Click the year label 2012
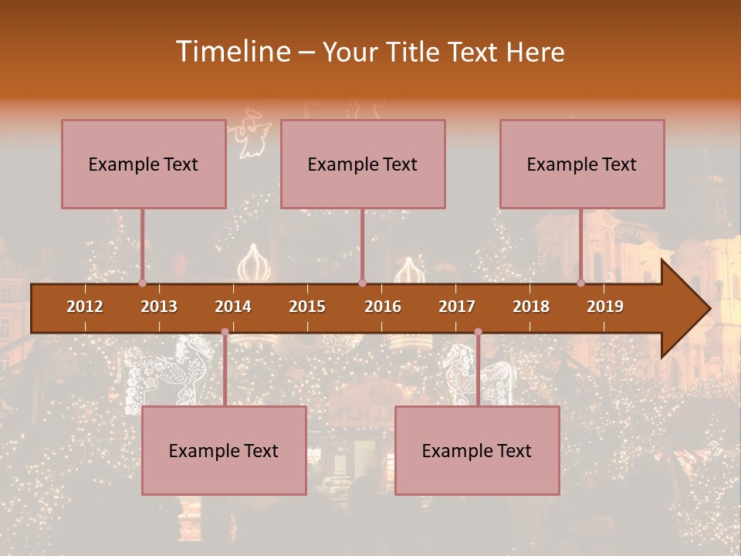(85, 307)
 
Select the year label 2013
(159, 307)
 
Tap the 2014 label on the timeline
(233, 307)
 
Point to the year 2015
(307, 307)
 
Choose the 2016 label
(383, 307)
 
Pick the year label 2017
(457, 307)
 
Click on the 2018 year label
(531, 307)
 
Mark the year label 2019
(605, 307)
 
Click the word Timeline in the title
(232, 52)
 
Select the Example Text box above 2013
(144, 164)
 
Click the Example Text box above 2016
(363, 164)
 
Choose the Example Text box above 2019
(582, 164)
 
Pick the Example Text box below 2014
(224, 450)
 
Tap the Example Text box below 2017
(477, 450)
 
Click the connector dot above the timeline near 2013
(142, 283)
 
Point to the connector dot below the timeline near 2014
(225, 332)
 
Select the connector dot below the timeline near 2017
(478, 332)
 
